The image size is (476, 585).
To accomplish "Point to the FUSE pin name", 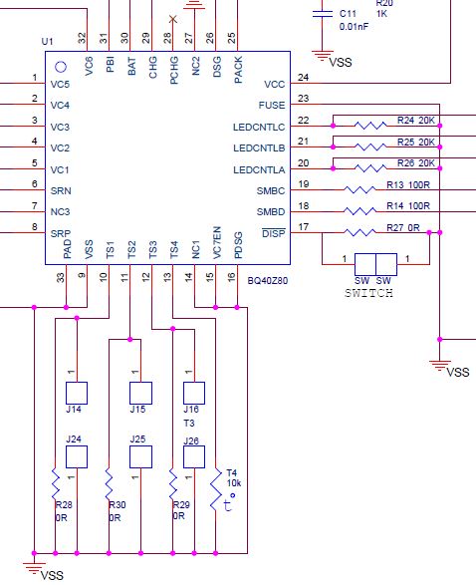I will pos(271,105).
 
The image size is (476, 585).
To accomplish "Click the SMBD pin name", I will pos(270,211).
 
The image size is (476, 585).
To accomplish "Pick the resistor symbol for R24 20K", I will pos(370,127).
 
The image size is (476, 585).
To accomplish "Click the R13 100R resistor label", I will pos(406,184).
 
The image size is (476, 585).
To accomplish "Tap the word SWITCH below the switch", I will pos(367,294).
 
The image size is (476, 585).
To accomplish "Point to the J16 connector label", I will pos(192,410).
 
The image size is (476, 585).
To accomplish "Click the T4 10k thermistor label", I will pos(232,478).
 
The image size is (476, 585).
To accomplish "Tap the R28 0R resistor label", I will pos(64,511).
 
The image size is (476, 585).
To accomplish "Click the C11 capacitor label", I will pos(348,14).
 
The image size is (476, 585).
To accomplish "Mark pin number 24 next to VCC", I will pos(303,77).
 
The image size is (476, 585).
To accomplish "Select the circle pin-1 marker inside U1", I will pos(60,67).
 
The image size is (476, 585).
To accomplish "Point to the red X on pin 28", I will pos(173,19).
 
